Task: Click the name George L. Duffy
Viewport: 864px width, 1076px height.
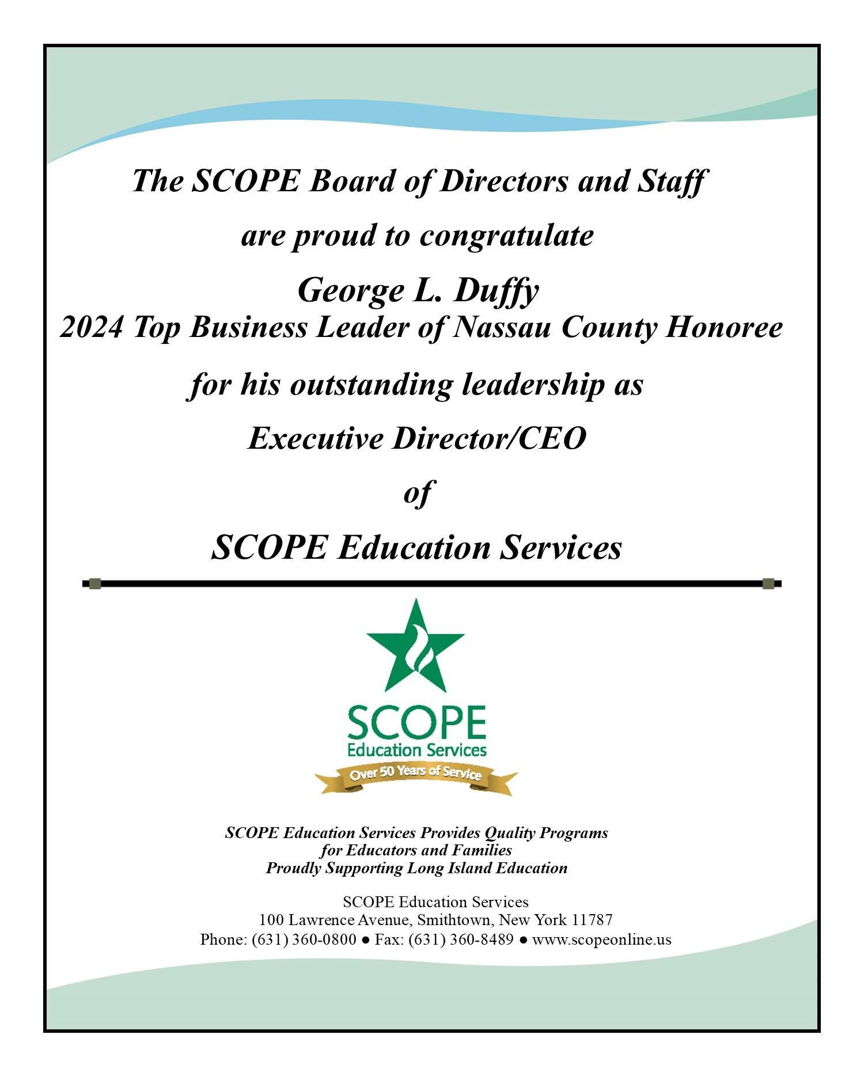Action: click(x=418, y=290)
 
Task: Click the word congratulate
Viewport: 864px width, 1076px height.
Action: click(x=506, y=236)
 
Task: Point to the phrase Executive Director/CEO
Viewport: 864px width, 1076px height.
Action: click(x=416, y=438)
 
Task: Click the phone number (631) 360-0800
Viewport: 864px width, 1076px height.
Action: click(x=304, y=939)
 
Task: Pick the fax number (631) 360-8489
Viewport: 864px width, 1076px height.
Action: click(x=461, y=939)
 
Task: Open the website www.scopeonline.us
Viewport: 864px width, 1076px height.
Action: click(x=601, y=939)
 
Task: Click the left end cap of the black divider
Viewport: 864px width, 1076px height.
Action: click(x=96, y=584)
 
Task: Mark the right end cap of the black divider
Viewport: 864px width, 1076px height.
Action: click(x=768, y=584)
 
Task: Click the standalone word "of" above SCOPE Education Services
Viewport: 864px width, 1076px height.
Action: click(x=417, y=493)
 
